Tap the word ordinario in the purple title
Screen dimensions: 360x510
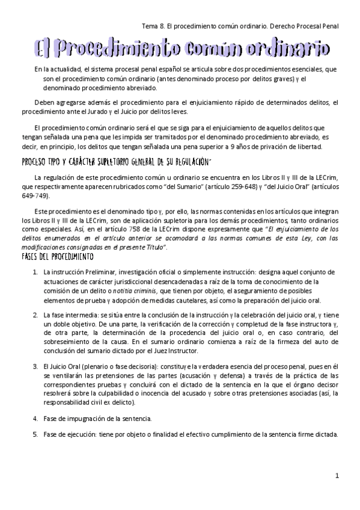click(x=287, y=47)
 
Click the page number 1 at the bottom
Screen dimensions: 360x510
click(x=337, y=475)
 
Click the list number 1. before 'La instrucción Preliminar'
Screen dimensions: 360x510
click(x=35, y=272)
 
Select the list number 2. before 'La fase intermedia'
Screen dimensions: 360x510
click(x=35, y=314)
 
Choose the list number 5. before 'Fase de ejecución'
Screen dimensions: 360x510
click(x=35, y=434)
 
